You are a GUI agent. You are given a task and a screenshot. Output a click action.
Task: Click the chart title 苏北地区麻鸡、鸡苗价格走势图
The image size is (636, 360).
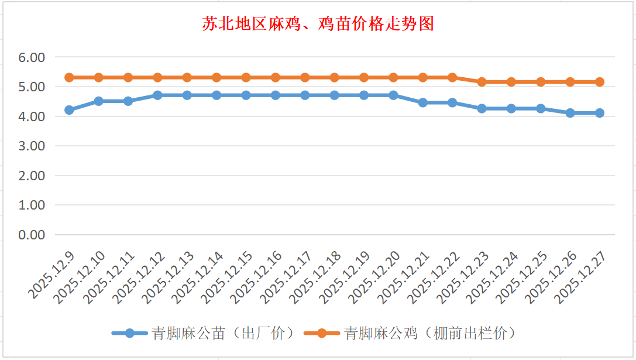point(318,24)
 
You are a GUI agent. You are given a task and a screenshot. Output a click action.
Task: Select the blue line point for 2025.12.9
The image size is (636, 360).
point(69,110)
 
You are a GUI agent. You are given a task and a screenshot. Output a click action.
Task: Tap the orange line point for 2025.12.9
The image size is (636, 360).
point(69,77)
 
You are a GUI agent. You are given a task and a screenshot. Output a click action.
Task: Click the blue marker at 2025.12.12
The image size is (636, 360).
point(157,95)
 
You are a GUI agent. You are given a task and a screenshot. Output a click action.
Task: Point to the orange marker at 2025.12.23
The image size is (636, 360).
point(482,82)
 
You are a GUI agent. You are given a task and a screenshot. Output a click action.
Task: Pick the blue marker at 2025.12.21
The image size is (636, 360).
point(423,102)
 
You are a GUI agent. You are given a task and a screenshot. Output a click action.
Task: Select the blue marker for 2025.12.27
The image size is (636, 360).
point(600,113)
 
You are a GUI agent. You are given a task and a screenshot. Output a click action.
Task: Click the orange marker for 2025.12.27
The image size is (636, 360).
point(600,82)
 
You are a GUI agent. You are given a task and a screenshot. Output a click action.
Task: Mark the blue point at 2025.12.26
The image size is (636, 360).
point(570,113)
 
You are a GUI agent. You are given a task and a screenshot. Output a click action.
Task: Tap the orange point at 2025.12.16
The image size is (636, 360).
point(276,77)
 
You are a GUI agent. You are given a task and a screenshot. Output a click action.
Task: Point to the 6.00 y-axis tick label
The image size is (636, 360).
point(32,57)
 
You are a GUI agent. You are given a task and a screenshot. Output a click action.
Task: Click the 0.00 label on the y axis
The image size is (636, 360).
point(32,235)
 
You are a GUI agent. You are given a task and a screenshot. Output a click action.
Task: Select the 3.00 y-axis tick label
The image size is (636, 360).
point(32,146)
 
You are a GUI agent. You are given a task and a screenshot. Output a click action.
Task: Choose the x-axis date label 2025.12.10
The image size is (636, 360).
point(80,276)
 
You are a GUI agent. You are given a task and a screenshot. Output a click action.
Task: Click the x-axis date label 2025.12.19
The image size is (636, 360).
point(345,276)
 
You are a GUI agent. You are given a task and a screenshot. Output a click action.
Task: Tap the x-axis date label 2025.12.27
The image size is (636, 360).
point(581,276)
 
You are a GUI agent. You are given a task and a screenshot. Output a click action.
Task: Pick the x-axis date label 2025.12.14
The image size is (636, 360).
point(198,276)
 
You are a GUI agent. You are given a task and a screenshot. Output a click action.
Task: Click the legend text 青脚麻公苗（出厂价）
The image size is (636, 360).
point(222,333)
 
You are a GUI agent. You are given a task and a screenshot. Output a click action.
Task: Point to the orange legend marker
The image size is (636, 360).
point(321,333)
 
